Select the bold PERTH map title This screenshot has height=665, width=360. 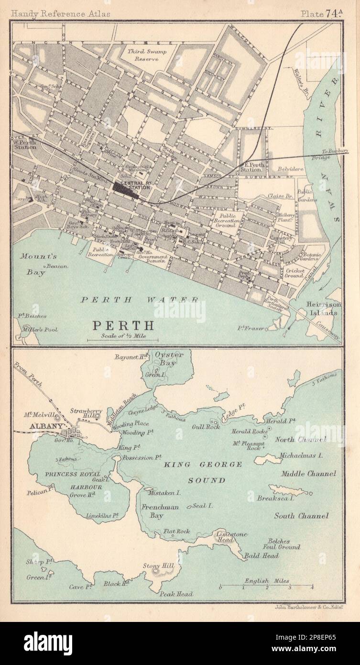coord(123,325)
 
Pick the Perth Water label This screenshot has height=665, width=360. coord(139,299)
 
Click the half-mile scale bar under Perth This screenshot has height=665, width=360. coord(123,340)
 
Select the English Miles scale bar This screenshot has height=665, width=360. coord(266,586)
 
